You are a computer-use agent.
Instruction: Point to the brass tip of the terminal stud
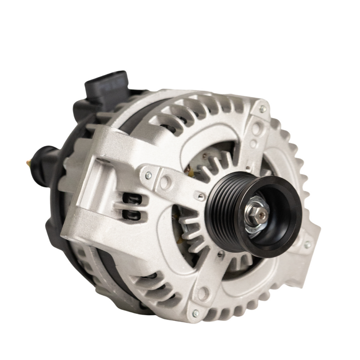pyautogui.click(x=27, y=161)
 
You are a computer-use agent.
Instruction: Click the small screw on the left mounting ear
pyautogui.click(x=148, y=175)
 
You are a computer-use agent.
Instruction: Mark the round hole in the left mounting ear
pyautogui.click(x=164, y=181)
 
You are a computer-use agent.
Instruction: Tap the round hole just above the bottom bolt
pyautogui.click(x=202, y=292)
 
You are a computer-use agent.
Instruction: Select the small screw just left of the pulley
pyautogui.click(x=200, y=197)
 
